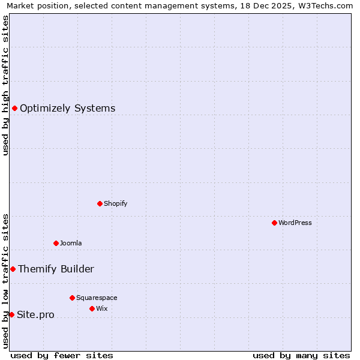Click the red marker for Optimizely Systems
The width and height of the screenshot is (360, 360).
(14, 108)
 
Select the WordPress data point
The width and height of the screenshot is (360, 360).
(274, 223)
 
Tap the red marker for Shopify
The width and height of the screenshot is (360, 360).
(100, 203)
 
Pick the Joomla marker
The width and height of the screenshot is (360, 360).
(56, 243)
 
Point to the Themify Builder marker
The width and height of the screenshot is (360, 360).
(13, 269)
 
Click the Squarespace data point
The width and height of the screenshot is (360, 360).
(72, 298)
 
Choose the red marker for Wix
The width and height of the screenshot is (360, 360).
(92, 308)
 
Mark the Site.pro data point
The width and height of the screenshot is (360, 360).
(11, 314)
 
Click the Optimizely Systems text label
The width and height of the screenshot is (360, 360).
(67, 109)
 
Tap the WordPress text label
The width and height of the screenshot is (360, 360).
(295, 223)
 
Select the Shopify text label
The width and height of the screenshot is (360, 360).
(115, 203)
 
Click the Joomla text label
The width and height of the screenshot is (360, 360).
(71, 243)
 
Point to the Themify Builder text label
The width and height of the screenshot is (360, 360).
(56, 269)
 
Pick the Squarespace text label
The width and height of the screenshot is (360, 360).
(97, 298)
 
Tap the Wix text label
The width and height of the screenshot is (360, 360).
(101, 308)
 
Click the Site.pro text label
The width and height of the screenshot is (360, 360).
(35, 315)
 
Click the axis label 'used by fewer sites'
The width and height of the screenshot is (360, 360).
(62, 355)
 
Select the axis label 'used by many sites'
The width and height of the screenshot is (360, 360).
(301, 355)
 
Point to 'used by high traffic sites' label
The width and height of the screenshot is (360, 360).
(5, 85)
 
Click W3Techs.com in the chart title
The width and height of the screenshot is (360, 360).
(324, 6)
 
